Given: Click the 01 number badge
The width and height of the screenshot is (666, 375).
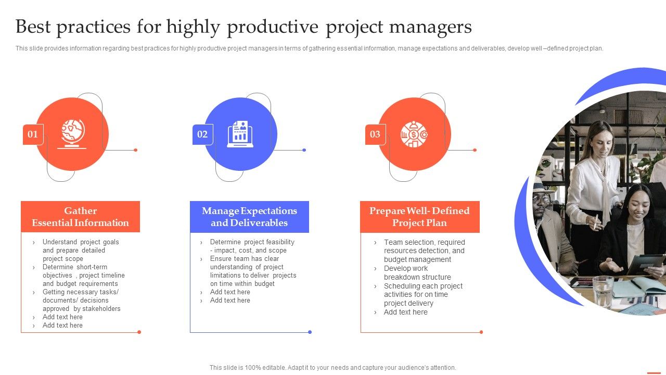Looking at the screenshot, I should (33, 134).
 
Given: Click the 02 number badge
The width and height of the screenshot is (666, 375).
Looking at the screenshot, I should (202, 134).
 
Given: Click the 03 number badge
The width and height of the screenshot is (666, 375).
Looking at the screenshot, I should (375, 134).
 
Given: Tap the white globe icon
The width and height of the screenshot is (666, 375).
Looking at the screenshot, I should (72, 134).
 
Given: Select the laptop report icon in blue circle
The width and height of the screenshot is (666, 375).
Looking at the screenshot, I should (240, 134).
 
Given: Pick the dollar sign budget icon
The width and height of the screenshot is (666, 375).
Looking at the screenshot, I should (414, 134).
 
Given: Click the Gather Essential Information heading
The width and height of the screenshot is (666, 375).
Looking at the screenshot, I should (80, 217).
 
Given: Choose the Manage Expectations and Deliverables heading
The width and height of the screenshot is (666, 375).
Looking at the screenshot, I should (249, 217).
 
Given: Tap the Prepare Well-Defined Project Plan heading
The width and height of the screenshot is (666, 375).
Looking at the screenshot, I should (419, 217).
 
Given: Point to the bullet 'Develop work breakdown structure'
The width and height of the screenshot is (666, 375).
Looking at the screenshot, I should (417, 272).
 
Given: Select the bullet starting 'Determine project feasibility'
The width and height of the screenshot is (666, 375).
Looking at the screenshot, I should (252, 246).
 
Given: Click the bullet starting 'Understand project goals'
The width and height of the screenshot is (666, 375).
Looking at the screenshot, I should (80, 250).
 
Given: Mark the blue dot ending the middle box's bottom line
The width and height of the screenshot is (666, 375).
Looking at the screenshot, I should (310, 332).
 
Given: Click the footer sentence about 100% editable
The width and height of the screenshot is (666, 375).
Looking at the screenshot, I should (332, 367).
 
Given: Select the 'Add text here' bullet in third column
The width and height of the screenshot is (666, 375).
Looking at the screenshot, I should (405, 312).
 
